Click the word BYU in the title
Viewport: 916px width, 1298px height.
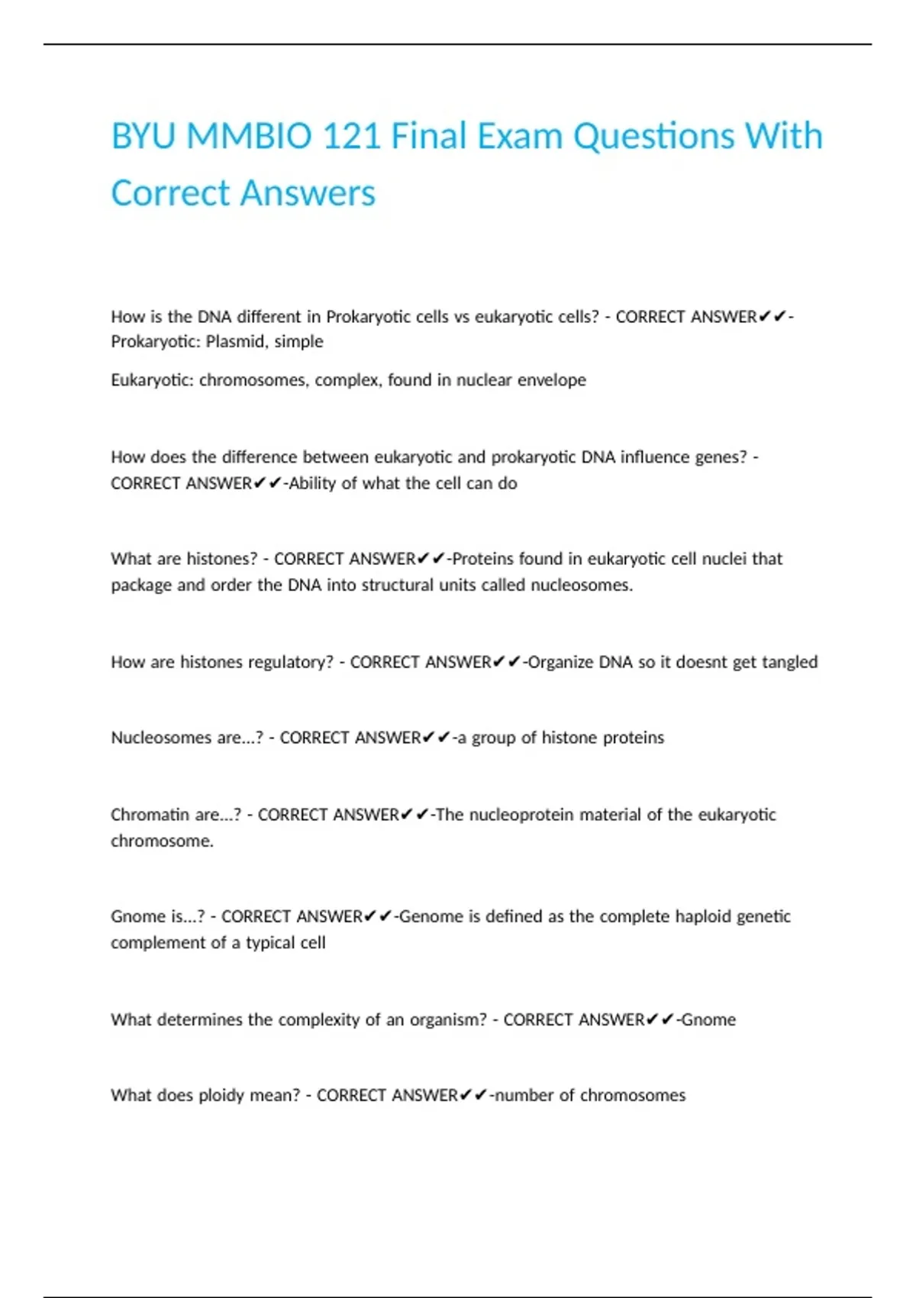pyautogui.click(x=144, y=137)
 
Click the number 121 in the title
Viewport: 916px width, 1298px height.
pyautogui.click(x=351, y=137)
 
